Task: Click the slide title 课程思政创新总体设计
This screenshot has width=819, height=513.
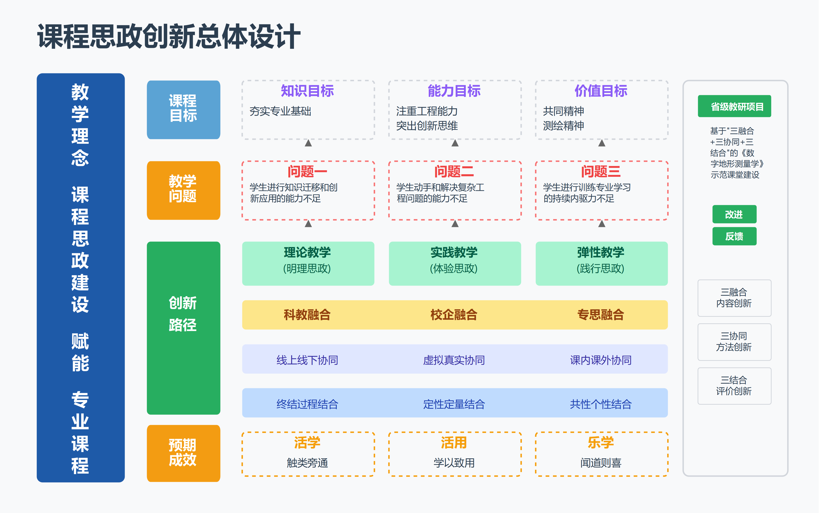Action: (x=169, y=37)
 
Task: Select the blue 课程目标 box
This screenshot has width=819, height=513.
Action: (x=183, y=109)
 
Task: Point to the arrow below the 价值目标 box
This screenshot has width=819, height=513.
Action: (x=602, y=143)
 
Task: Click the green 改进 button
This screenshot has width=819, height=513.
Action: (x=734, y=215)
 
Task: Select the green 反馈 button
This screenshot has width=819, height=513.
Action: (x=734, y=236)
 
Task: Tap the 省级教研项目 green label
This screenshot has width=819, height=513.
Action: (x=734, y=106)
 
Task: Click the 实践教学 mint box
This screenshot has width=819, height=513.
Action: (x=455, y=263)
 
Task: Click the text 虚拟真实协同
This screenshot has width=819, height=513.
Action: (x=454, y=360)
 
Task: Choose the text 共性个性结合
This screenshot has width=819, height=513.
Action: (x=601, y=404)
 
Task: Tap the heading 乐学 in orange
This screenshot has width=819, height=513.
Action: (x=601, y=442)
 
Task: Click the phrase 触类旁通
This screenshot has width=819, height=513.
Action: (x=307, y=463)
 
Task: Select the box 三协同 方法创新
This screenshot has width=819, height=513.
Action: (x=734, y=342)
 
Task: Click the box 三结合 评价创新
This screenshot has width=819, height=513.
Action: (x=734, y=386)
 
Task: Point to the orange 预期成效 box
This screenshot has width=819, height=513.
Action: (x=183, y=453)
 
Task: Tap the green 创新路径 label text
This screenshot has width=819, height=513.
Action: (x=183, y=314)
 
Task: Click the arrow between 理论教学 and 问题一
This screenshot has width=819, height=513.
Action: (x=308, y=224)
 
